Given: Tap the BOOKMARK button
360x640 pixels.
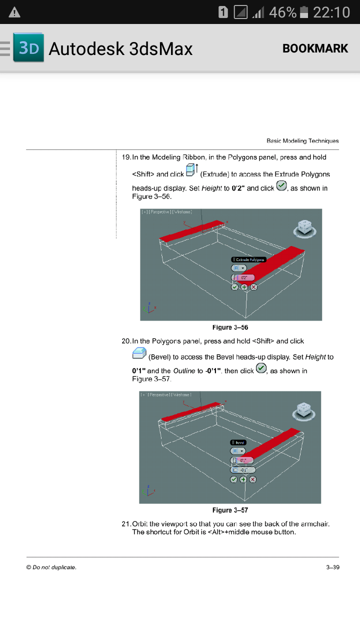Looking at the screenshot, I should [315, 48].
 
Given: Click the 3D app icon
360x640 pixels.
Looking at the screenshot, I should [28, 48].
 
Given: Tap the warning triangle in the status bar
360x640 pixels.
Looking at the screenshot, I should [14, 12].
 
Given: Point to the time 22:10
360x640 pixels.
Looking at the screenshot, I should [331, 12].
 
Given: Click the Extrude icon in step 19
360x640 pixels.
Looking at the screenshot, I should [192, 170].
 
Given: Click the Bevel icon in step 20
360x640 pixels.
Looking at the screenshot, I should [139, 354].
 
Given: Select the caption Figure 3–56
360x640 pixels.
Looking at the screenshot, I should [230, 327].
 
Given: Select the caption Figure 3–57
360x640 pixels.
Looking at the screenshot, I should [230, 510].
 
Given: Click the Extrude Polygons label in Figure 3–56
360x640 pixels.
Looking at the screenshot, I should [249, 259].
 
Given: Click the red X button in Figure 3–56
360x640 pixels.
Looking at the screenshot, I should [253, 287].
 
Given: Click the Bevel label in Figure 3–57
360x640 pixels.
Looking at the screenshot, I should [238, 442].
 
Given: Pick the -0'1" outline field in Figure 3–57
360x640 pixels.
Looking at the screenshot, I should [243, 469].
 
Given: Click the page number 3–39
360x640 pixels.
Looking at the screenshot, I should [332, 567].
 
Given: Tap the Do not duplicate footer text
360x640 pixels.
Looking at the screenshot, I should [51, 567].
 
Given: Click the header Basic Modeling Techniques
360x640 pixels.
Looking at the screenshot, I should [302, 141].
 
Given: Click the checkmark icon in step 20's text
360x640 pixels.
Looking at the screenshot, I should [261, 368].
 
